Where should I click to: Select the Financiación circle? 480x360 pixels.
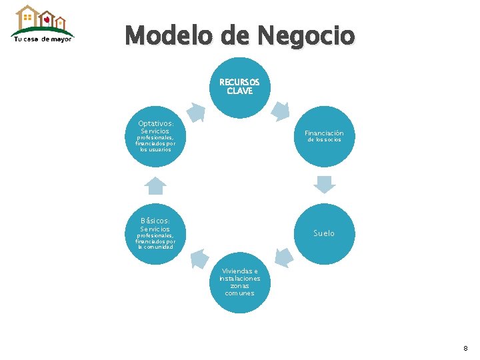click(x=325, y=136)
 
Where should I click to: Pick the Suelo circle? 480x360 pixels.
click(x=325, y=233)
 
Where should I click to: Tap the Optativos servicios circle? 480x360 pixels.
click(x=155, y=136)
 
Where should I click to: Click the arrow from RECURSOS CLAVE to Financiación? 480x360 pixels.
click(x=282, y=111)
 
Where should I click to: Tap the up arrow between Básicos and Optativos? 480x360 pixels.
click(x=155, y=185)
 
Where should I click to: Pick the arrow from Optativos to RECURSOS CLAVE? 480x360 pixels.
click(x=197, y=111)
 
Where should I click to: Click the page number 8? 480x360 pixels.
click(x=465, y=348)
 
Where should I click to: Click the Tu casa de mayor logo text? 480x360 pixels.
click(x=43, y=39)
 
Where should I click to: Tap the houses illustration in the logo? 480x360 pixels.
click(x=41, y=19)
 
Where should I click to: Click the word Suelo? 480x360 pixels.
click(x=325, y=233)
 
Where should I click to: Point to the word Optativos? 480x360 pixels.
click(x=155, y=123)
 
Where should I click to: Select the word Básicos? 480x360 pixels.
click(x=155, y=221)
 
